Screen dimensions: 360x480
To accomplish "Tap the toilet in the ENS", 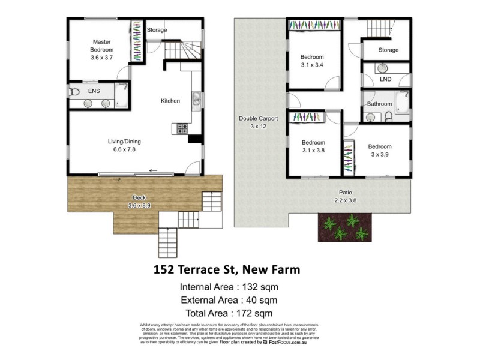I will pos(74,91).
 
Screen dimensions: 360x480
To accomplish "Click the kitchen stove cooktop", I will pos(182,128).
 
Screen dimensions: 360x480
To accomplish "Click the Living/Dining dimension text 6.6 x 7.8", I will pos(121,149).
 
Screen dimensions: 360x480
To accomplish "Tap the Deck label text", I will pos(140,198).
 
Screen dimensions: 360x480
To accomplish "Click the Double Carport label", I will pos(258,119).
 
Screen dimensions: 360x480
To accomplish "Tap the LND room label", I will pos(386,79).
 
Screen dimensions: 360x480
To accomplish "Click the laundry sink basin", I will pos(384,67).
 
